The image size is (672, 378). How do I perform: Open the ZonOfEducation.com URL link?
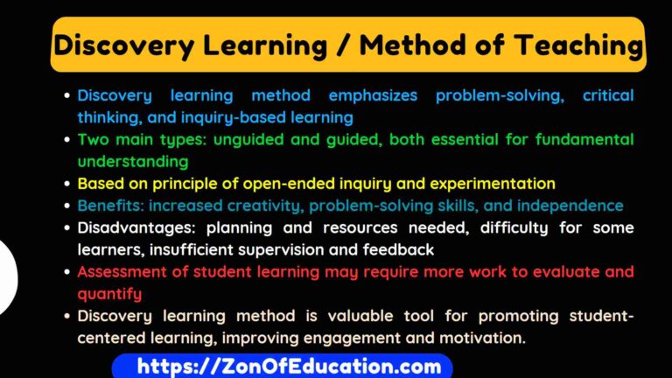[281, 367]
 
